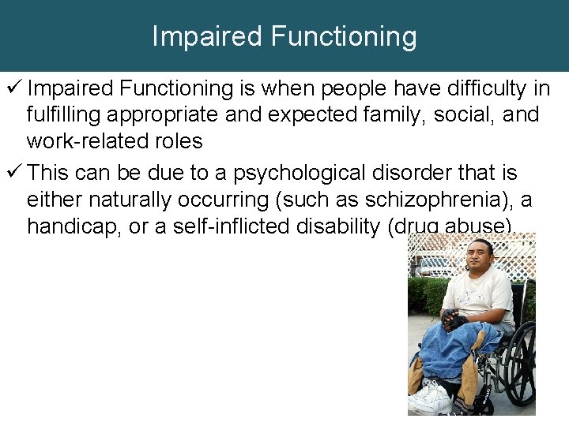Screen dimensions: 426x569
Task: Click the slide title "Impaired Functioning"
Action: (x=284, y=36)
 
